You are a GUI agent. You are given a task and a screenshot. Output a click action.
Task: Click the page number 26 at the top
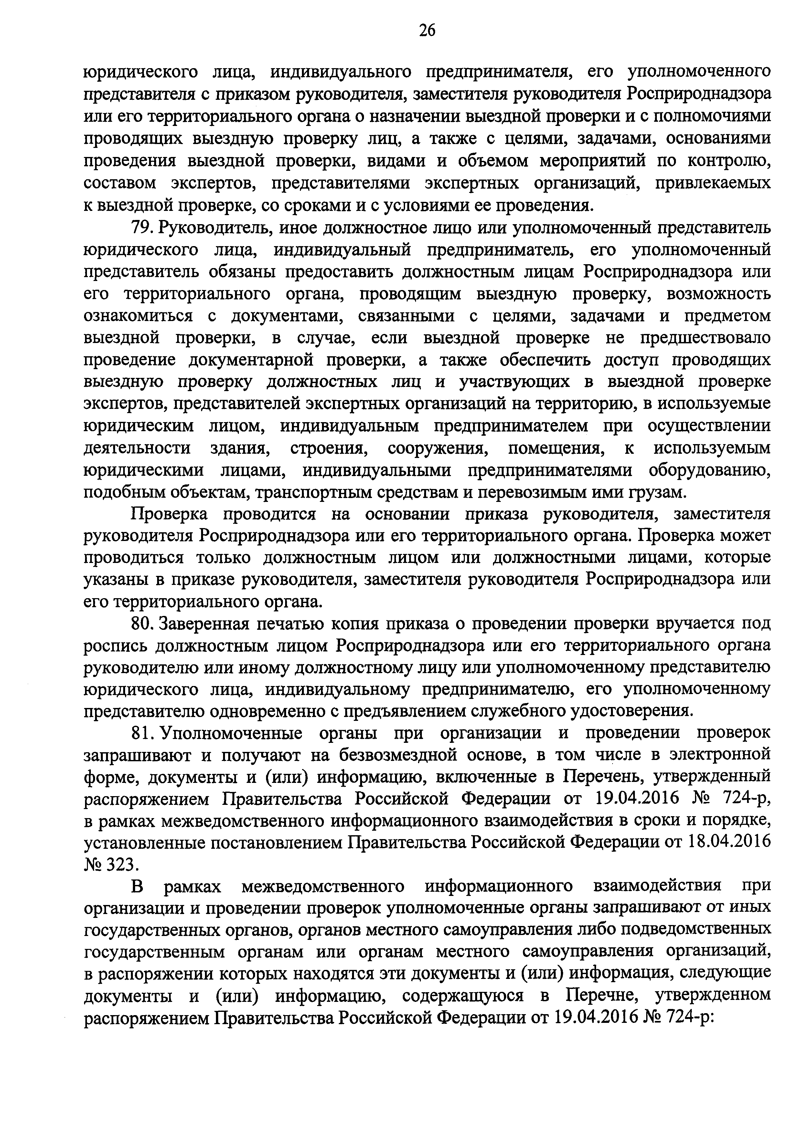pos(427,31)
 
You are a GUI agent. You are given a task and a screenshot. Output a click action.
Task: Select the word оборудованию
pos(710,470)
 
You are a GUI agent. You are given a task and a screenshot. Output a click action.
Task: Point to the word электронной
pos(720,755)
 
